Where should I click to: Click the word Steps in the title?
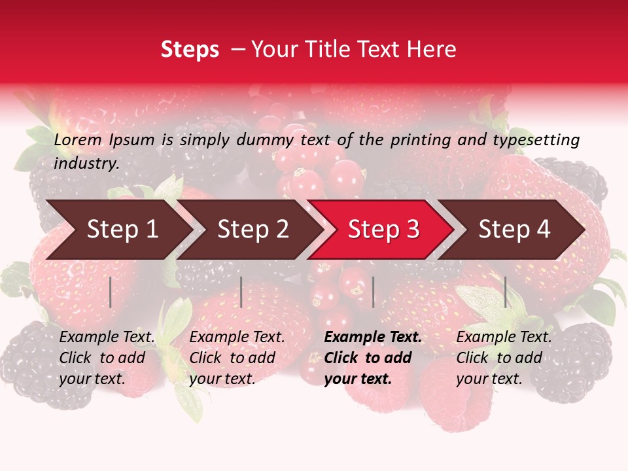tap(190, 50)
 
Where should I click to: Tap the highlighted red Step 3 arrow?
tap(383, 230)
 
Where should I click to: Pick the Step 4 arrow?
tap(514, 230)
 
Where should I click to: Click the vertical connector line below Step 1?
tap(111, 292)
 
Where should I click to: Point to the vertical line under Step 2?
tap(241, 292)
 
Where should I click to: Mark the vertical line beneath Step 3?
tap(373, 292)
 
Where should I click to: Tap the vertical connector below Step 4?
tap(506, 292)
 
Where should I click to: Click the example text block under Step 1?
tap(107, 358)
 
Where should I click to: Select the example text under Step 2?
tap(237, 358)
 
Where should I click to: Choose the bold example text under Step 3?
tap(373, 358)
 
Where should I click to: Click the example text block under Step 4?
tap(504, 358)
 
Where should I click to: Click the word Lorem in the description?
tap(78, 139)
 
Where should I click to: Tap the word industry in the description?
tap(86, 163)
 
